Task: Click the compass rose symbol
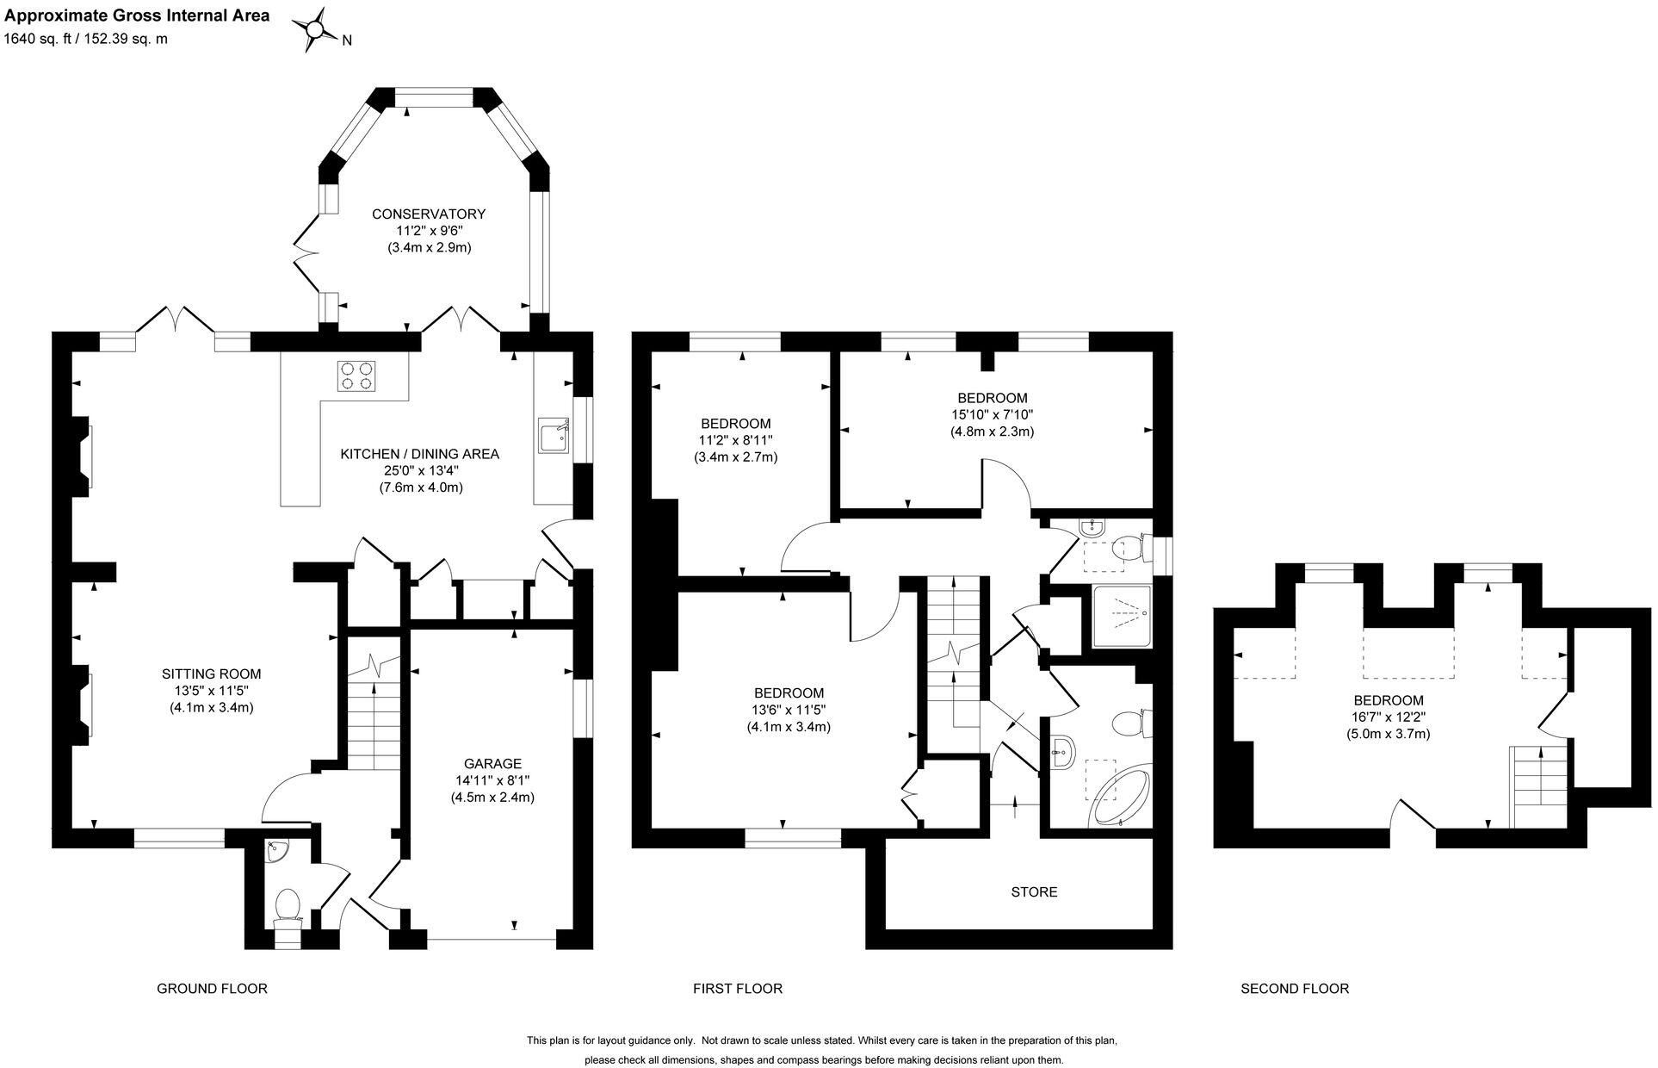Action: pyautogui.click(x=315, y=30)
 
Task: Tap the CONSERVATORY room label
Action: pyautogui.click(x=428, y=214)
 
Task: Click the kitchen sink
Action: pyautogui.click(x=553, y=435)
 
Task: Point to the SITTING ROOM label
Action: pyautogui.click(x=211, y=674)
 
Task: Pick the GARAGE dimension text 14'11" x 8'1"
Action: pyautogui.click(x=492, y=780)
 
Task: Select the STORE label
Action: pyautogui.click(x=1034, y=891)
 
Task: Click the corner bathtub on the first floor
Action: pyautogui.click(x=1119, y=799)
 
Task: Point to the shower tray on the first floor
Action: pyautogui.click(x=1121, y=617)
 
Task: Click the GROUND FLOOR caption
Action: pyautogui.click(x=212, y=989)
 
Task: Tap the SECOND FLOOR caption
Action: pyautogui.click(x=1294, y=989)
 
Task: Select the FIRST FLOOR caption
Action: pyautogui.click(x=738, y=989)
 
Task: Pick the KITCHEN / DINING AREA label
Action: pyautogui.click(x=419, y=454)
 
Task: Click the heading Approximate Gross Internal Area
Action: pyautogui.click(x=137, y=16)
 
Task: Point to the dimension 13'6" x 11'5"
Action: pyautogui.click(x=789, y=710)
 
